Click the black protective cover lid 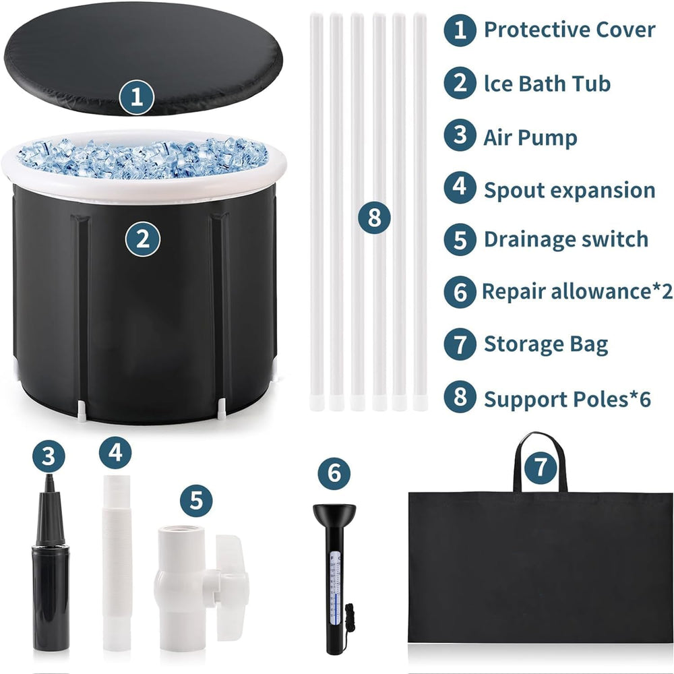(143, 58)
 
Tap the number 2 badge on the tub (143, 239)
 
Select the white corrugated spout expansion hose (117, 563)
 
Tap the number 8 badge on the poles (374, 218)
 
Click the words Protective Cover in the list (570, 30)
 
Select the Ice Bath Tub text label (547, 84)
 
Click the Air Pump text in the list (530, 137)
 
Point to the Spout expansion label (570, 190)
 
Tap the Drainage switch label (566, 239)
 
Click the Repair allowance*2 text (578, 291)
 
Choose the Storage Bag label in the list (546, 344)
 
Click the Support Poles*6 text (568, 399)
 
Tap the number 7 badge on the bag (541, 465)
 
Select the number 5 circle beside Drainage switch (460, 239)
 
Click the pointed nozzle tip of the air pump (50, 477)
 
